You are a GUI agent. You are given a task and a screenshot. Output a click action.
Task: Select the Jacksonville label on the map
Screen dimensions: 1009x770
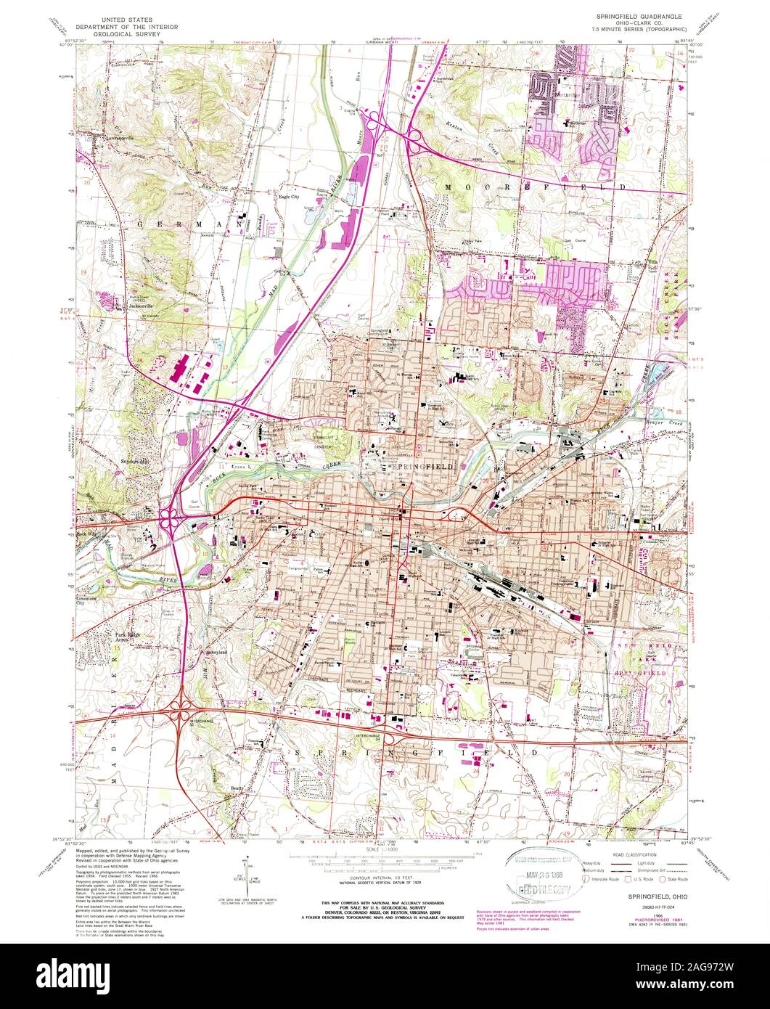tap(142, 306)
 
